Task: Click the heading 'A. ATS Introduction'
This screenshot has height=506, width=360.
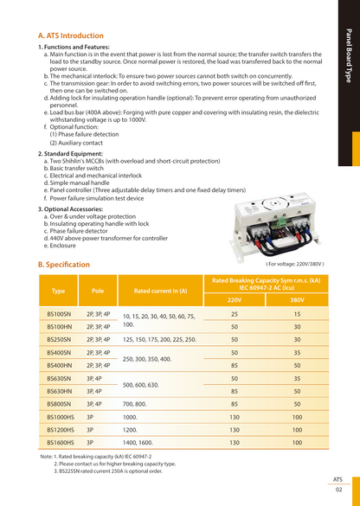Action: click(x=65, y=35)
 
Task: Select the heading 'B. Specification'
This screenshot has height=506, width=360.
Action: click(x=63, y=264)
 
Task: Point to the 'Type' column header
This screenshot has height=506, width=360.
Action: click(x=59, y=291)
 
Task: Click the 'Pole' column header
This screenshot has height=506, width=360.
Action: click(x=98, y=291)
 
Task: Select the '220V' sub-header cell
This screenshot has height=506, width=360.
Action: click(x=234, y=299)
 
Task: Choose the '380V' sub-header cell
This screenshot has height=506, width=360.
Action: click(x=297, y=299)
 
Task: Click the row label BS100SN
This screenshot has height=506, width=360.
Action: click(x=59, y=314)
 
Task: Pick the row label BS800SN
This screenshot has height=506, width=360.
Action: click(x=59, y=403)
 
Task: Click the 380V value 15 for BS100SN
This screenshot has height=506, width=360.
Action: click(x=297, y=314)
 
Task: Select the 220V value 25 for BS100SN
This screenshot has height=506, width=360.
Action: click(x=234, y=314)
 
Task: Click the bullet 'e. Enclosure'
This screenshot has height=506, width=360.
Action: click(x=62, y=245)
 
